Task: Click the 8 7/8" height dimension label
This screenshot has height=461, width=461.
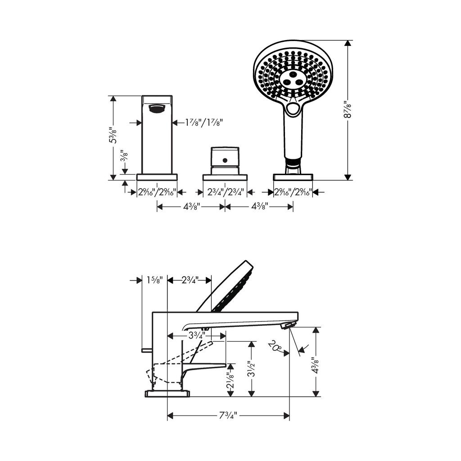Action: point(348,110)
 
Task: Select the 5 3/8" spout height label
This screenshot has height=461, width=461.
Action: point(113,135)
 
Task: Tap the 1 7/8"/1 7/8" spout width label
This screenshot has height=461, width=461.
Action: point(204,122)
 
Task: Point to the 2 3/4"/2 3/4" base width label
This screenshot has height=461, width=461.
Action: point(226,192)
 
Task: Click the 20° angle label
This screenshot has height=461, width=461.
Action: point(275,346)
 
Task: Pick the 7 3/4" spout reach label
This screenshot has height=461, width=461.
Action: point(228,416)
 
